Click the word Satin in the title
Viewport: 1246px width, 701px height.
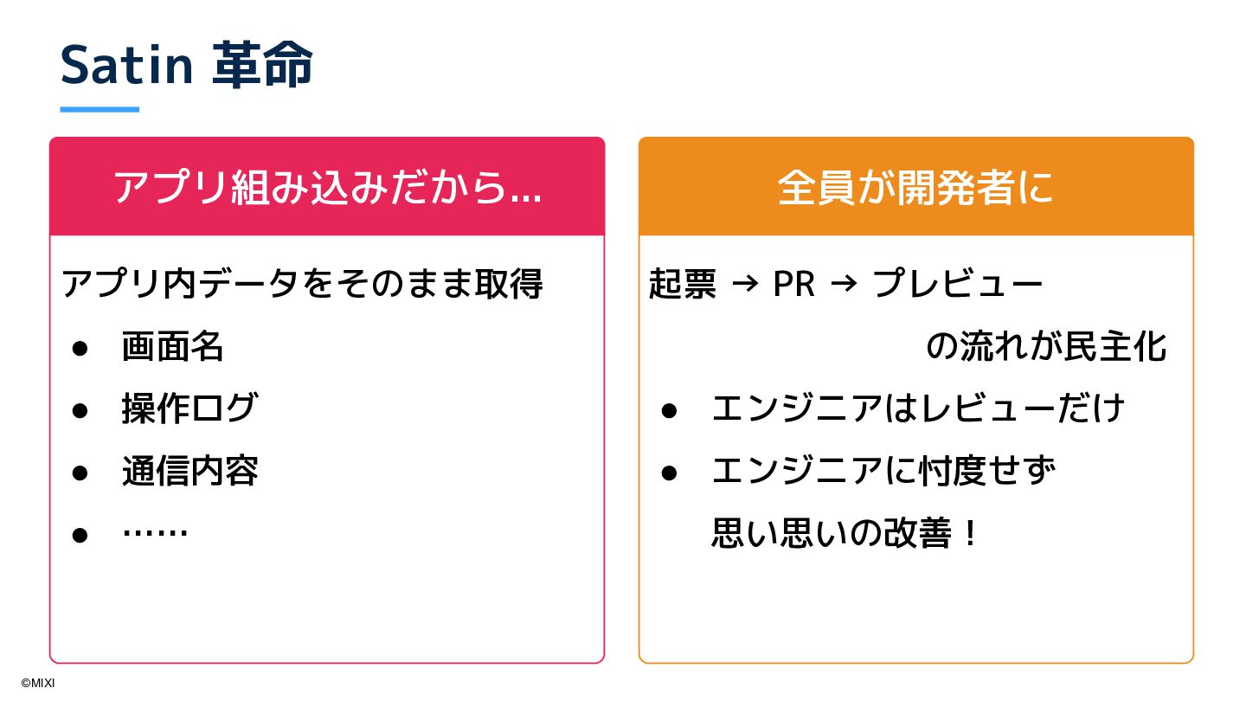(x=126, y=66)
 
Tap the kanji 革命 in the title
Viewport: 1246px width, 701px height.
(x=262, y=66)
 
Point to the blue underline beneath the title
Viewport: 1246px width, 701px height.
(x=100, y=110)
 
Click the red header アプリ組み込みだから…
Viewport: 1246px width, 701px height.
(x=327, y=187)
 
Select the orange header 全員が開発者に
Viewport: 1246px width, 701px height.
(x=915, y=187)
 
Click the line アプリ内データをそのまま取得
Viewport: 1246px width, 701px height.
(x=303, y=285)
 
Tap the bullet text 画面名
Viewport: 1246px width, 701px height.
(x=173, y=347)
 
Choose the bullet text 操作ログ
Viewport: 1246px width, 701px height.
(x=189, y=408)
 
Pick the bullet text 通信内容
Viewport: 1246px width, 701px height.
(x=190, y=471)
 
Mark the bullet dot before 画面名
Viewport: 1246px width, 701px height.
(x=80, y=349)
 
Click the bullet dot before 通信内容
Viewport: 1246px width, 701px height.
(x=80, y=473)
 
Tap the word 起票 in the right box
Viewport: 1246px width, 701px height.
(x=683, y=285)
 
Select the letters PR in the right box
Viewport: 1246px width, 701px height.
(x=793, y=285)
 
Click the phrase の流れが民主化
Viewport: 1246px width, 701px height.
(x=1046, y=347)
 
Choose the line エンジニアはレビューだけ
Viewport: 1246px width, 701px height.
(x=918, y=408)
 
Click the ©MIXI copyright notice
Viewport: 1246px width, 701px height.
(x=38, y=683)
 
